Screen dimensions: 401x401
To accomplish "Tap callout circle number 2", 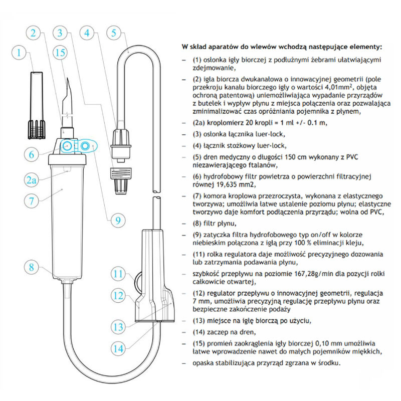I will (x=34, y=34).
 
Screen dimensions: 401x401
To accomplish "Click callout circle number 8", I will (x=34, y=267).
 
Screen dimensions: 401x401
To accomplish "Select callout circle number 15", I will (x=62, y=52).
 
